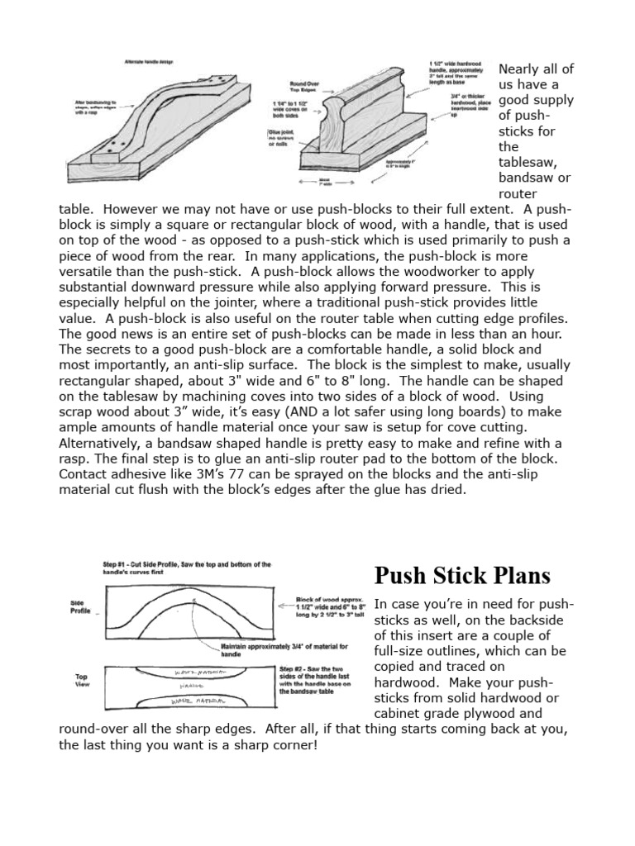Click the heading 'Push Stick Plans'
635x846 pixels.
(x=462, y=576)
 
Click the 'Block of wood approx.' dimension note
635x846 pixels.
(x=330, y=612)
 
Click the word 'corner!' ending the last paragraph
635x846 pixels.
(x=289, y=744)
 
